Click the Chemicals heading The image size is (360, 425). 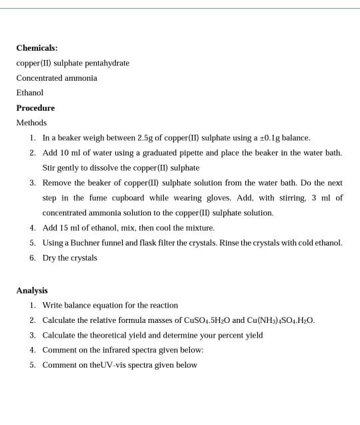point(37,48)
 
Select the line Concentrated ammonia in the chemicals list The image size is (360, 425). point(57,78)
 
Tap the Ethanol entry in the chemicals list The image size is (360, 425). point(29,93)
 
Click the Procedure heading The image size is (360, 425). point(35,108)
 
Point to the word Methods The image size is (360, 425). point(31,123)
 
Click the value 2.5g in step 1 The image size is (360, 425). point(145,138)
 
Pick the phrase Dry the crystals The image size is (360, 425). point(69,258)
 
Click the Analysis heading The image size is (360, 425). point(32,290)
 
